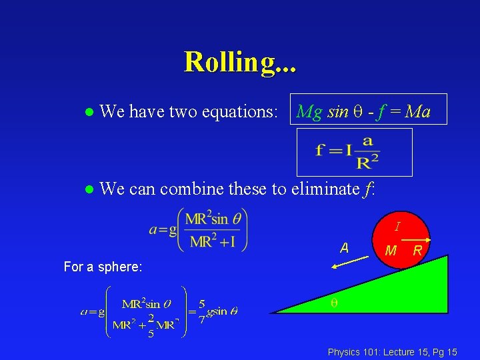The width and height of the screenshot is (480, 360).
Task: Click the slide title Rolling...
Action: click(240, 62)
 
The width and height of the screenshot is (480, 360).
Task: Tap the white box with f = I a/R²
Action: click(355, 152)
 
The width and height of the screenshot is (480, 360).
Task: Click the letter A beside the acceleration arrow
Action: click(344, 248)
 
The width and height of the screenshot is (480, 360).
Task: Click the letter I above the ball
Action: click(397, 227)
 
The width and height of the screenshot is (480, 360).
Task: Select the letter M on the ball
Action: click(392, 251)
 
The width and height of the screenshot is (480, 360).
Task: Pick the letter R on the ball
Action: click(417, 251)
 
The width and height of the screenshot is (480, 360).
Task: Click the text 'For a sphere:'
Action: click(103, 267)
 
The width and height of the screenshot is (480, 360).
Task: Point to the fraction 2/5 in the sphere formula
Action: click(151, 326)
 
